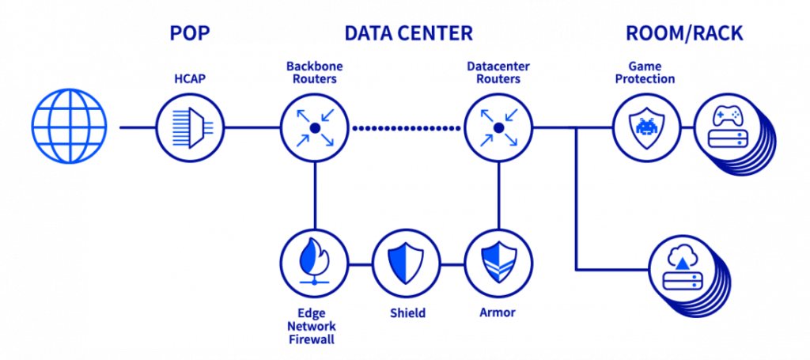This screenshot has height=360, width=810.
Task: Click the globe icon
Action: click(x=70, y=127)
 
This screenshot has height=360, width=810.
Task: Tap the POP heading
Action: click(x=190, y=34)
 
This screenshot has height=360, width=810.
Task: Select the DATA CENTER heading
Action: click(x=408, y=34)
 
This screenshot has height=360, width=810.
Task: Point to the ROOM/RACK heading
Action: click(x=684, y=34)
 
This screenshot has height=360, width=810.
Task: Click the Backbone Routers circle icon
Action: click(x=315, y=127)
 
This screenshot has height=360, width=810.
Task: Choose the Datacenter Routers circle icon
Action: click(x=498, y=127)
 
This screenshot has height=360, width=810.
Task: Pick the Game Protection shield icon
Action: click(x=647, y=127)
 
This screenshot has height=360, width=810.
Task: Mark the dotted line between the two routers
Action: click(x=407, y=127)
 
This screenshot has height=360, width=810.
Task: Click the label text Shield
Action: click(x=406, y=313)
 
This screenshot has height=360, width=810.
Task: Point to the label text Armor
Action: click(x=498, y=313)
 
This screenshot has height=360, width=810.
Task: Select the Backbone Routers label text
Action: click(x=315, y=72)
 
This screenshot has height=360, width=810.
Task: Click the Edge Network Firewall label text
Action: click(x=314, y=325)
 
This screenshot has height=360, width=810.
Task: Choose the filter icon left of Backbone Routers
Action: click(x=190, y=127)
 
